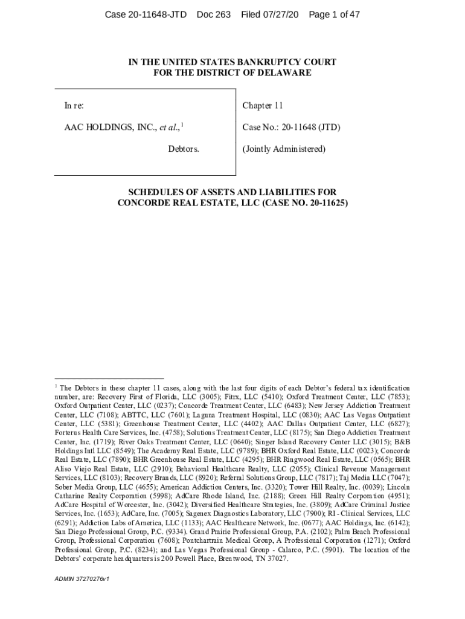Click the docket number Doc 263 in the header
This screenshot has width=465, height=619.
[214, 14]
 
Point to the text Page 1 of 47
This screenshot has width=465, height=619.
[334, 14]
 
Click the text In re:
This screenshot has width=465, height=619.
[74, 106]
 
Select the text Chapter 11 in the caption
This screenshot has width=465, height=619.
[263, 106]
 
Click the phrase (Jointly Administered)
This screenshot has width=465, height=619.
[284, 149]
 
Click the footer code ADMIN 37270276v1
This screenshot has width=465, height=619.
[82, 578]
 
